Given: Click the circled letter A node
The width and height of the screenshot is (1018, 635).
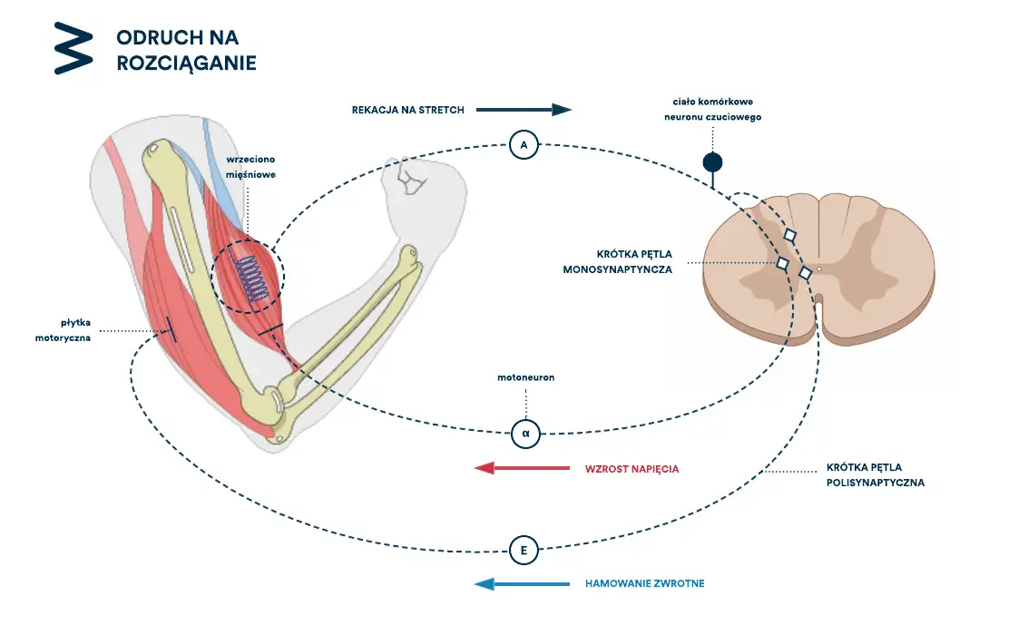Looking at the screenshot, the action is [x=524, y=145].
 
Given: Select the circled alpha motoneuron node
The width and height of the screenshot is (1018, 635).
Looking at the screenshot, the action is [x=526, y=434].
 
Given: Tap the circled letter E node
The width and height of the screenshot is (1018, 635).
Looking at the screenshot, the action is [x=524, y=551].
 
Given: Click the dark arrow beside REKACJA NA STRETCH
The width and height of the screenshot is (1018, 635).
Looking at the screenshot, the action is [x=524, y=110].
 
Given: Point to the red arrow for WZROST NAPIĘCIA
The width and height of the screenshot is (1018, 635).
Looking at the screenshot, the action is [x=522, y=467].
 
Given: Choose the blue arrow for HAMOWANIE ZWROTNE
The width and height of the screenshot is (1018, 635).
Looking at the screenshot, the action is [x=522, y=583].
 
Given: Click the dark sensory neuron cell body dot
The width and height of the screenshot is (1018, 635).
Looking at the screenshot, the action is [x=712, y=162].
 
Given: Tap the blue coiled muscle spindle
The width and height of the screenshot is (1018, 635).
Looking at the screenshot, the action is [x=252, y=278].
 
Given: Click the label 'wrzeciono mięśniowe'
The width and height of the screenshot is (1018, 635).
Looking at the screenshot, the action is [x=250, y=167].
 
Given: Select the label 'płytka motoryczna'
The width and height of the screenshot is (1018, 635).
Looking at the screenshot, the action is [x=63, y=330].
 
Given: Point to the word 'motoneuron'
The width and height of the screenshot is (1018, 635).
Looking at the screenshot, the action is [x=526, y=377].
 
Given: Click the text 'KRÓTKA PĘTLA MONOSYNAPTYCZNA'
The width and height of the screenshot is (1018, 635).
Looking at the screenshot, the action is [x=617, y=261].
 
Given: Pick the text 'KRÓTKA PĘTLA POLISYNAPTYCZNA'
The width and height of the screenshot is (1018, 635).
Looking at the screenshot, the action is [x=876, y=474].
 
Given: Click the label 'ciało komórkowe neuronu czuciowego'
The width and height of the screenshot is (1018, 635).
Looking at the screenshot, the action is [x=713, y=109].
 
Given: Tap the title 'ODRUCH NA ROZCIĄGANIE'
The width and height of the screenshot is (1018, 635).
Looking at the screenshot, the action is [x=186, y=50].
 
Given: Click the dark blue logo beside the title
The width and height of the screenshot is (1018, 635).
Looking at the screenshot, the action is [x=73, y=48].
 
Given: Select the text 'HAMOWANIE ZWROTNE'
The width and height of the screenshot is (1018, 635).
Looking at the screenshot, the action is [x=645, y=583].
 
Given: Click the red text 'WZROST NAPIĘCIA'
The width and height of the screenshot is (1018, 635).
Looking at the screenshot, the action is [x=631, y=469].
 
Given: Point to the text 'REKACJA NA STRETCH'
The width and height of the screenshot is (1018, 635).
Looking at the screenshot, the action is [x=407, y=110].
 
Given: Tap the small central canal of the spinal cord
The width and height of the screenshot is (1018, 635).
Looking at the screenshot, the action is [x=819, y=269].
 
